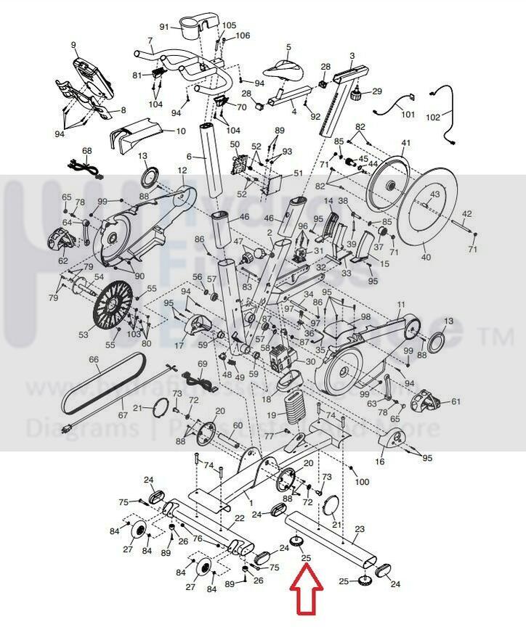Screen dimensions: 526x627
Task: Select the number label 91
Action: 164,27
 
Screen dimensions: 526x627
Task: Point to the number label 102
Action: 432,116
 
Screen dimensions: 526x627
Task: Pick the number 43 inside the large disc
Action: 434,194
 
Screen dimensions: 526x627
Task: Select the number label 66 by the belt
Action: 94,360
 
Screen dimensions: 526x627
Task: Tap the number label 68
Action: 87,151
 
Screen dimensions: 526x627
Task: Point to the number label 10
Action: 181,131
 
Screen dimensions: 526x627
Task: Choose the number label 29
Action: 376,91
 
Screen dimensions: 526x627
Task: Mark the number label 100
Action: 362,482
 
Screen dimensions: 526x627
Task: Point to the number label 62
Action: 63,261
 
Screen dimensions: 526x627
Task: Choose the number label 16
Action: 380,462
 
